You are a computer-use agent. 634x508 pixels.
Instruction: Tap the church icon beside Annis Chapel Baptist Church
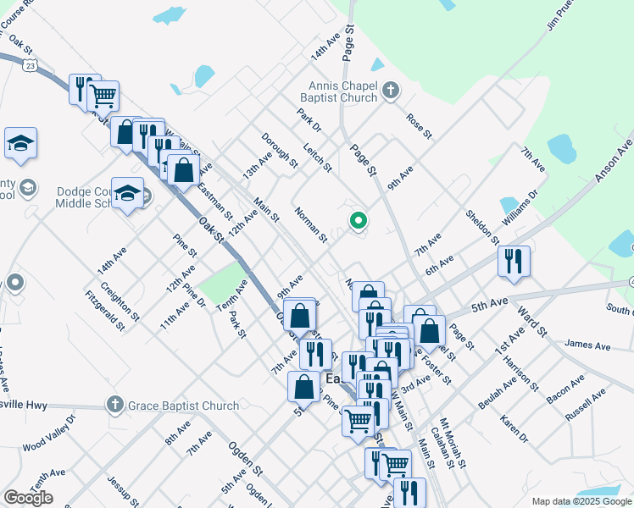pyautogui.click(x=391, y=90)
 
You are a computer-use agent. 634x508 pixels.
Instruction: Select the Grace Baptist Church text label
pyautogui.click(x=183, y=406)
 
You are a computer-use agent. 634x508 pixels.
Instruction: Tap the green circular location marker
pyautogui.click(x=359, y=222)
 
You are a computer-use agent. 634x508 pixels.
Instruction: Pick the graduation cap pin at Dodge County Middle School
pyautogui.click(x=127, y=196)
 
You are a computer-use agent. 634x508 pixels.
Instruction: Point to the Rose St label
pyautogui.click(x=419, y=126)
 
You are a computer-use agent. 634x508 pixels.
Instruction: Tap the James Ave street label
pyautogui.click(x=587, y=345)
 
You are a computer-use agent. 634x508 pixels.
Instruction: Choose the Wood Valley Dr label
pyautogui.click(x=49, y=433)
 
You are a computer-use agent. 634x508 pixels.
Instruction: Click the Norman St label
pyautogui.click(x=310, y=224)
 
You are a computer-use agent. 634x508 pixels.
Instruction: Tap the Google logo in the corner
pyautogui.click(x=28, y=498)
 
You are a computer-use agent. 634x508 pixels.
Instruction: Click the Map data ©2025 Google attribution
pyautogui.click(x=581, y=501)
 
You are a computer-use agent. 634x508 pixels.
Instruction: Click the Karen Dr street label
pyautogui.click(x=514, y=428)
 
